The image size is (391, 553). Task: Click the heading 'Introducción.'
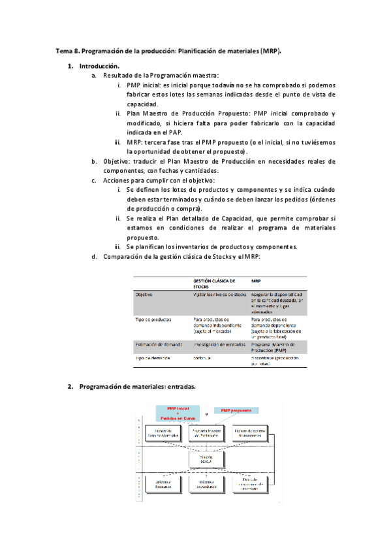pyautogui.click(x=99, y=67)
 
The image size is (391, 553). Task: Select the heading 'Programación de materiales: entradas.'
pyautogui.click(x=137, y=387)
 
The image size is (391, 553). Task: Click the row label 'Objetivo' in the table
pyautogui.click(x=144, y=295)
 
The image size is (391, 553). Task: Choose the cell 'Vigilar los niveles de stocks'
pyautogui.click(x=219, y=295)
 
